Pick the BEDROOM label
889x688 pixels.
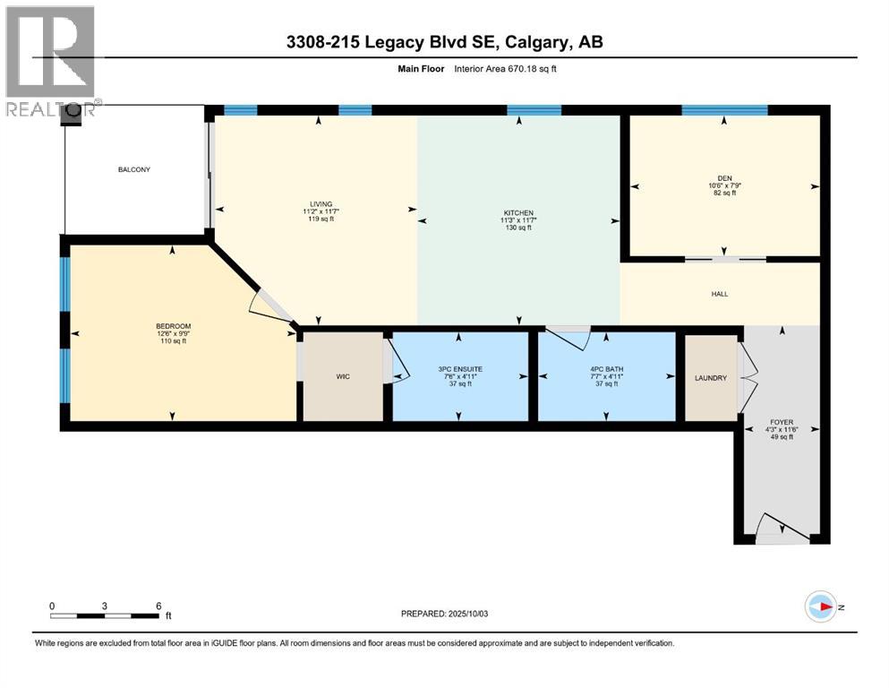173,325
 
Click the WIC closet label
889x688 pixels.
342,377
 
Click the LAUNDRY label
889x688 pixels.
711,378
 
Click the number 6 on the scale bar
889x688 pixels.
158,606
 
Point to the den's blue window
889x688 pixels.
723,110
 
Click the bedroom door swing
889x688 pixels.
269,305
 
